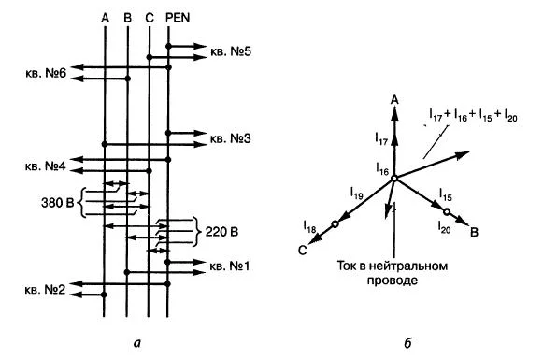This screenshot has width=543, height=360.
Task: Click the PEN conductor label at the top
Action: [178, 18]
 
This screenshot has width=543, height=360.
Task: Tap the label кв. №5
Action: [231, 52]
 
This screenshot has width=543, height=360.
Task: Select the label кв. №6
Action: [46, 73]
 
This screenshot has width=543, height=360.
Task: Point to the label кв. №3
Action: [230, 139]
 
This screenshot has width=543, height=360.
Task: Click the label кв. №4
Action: [46, 166]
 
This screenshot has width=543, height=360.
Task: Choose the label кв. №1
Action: [230, 266]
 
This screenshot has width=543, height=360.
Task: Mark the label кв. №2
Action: [45, 290]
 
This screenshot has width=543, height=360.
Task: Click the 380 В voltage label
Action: [58, 203]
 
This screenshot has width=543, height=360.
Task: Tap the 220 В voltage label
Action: [221, 232]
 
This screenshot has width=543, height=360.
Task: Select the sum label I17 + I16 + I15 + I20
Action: [473, 115]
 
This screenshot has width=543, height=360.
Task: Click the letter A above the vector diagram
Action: [394, 100]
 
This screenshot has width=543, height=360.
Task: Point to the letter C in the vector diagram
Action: [302, 251]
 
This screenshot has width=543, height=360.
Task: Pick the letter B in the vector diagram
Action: [474, 232]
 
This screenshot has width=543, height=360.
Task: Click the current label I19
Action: [357, 193]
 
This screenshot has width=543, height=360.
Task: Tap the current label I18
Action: [309, 226]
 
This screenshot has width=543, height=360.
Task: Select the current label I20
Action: [444, 227]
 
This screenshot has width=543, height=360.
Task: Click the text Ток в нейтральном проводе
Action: [393, 273]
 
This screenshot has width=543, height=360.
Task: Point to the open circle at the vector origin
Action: [394, 179]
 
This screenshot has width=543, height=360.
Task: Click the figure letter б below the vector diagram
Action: [407, 343]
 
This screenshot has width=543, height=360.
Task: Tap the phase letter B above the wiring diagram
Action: [127, 18]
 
